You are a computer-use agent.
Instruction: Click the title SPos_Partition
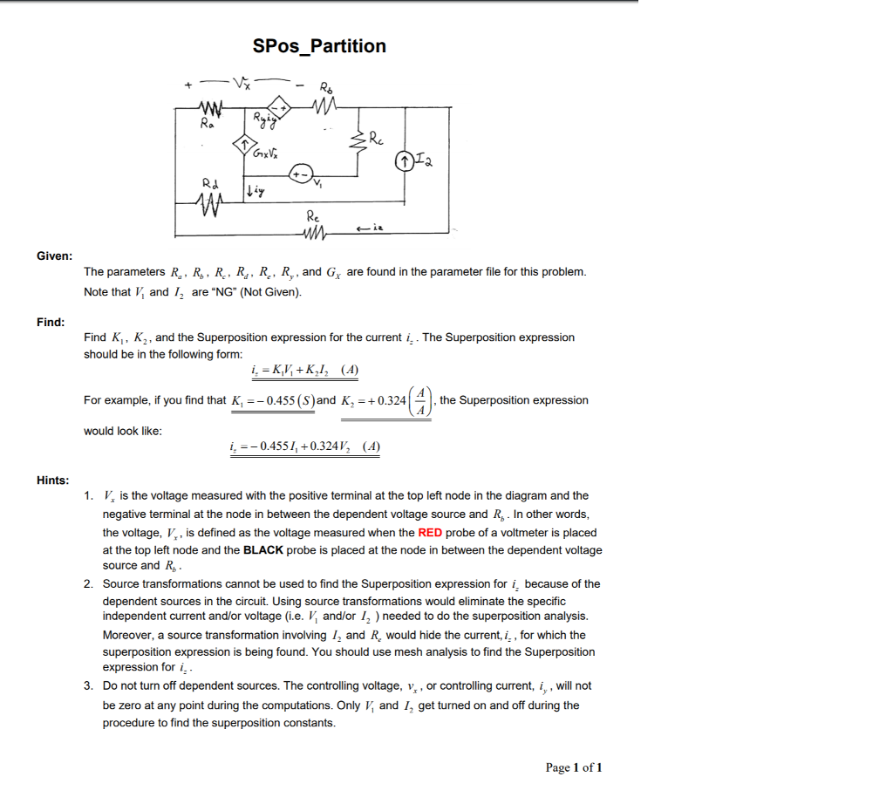(319, 46)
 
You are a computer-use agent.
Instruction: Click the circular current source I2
(405, 161)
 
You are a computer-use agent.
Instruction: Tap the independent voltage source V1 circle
(301, 174)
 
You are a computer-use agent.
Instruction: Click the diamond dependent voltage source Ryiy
(278, 106)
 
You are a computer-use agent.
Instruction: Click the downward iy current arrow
(249, 188)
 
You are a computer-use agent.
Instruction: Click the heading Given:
(54, 256)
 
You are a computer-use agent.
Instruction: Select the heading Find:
(51, 322)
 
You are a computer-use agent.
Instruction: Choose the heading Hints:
(53, 480)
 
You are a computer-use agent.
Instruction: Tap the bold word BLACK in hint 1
(263, 550)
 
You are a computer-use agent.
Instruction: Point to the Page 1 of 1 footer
(573, 767)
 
